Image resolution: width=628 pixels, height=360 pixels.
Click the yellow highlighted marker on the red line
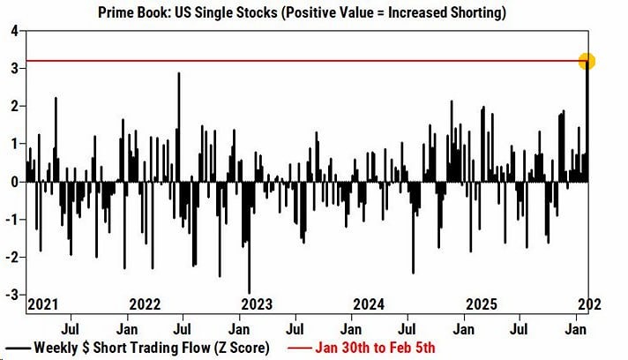(x=587, y=62)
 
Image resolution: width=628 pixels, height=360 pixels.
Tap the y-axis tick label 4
(x=15, y=31)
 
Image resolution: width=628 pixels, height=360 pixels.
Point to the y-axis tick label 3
(x=15, y=69)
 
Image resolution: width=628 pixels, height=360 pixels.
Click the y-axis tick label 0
(x=15, y=182)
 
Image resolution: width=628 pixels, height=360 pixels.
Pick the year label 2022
(x=144, y=304)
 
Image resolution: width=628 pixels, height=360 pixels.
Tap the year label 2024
(x=369, y=304)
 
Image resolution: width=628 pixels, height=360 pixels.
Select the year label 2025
(x=482, y=304)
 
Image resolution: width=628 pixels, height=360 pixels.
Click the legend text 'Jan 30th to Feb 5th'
(x=363, y=348)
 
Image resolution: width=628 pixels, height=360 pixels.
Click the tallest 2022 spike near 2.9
(x=179, y=73)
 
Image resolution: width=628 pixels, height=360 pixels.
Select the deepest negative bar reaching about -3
(x=249, y=292)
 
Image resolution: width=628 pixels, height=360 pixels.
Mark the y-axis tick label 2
(x=15, y=107)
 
